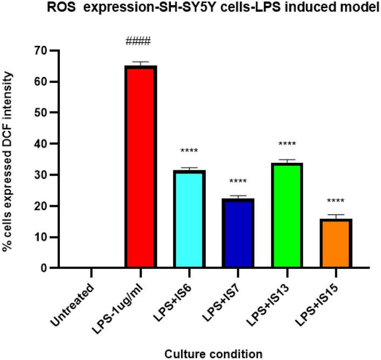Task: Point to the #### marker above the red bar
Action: tap(138, 42)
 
